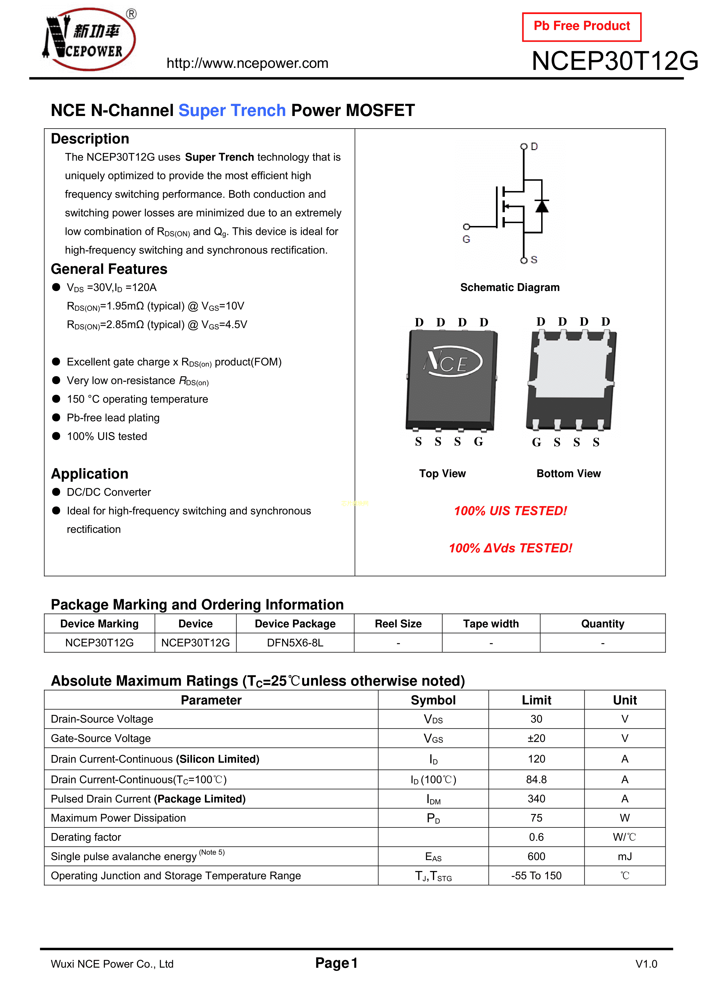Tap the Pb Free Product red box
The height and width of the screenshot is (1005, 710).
click(582, 27)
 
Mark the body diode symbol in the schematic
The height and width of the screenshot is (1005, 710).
click(542, 206)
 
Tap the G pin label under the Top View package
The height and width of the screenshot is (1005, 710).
click(478, 442)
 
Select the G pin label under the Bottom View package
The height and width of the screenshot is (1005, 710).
click(536, 442)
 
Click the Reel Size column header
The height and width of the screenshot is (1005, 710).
click(398, 624)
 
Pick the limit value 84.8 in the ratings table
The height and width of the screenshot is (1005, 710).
click(536, 780)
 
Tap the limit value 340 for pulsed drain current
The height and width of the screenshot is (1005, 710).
click(536, 799)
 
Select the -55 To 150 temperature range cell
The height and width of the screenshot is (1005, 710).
click(536, 876)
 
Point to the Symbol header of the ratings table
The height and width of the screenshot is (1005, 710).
click(433, 700)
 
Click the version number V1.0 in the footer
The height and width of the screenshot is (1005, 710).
click(646, 964)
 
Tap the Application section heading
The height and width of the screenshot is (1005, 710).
click(90, 474)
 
